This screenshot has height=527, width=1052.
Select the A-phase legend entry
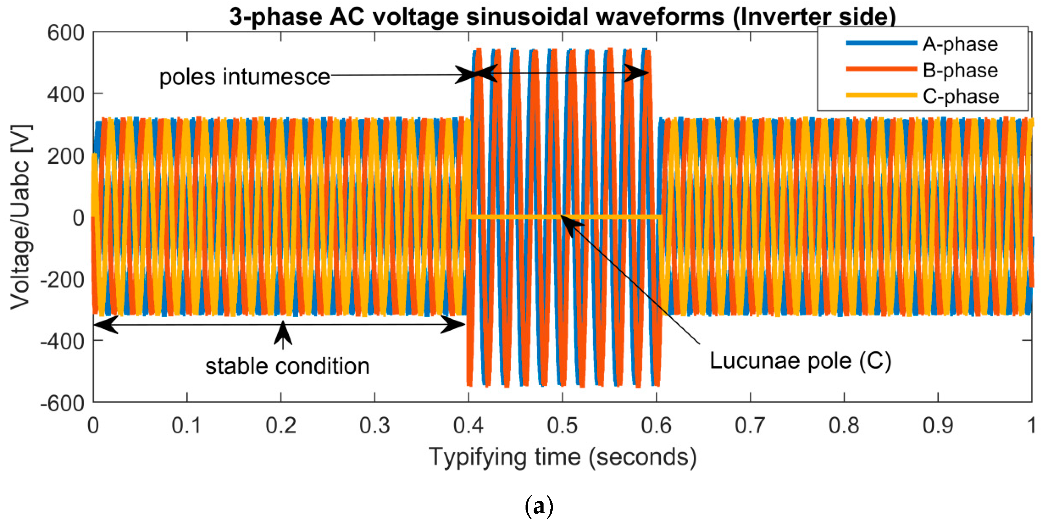960,44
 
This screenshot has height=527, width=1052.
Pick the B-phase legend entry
960,70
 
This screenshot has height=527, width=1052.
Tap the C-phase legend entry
960,96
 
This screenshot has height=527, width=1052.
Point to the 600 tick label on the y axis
65,33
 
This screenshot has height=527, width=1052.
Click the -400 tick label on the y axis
62,341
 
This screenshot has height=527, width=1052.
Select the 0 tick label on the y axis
78,218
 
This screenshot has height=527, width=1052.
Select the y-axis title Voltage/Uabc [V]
20,217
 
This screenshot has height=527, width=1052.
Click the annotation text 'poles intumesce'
244,77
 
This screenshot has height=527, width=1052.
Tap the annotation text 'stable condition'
287,366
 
